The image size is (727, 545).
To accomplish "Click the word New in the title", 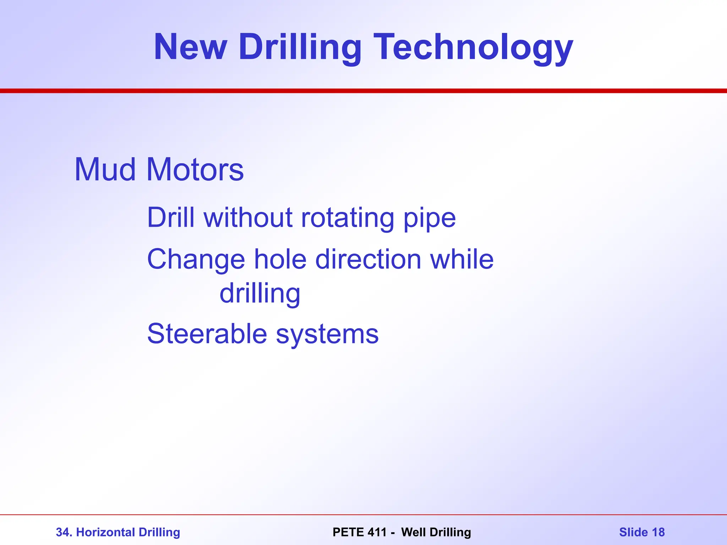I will click(x=190, y=47).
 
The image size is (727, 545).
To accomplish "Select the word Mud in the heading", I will click(x=105, y=170).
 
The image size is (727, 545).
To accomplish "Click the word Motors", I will click(x=195, y=170).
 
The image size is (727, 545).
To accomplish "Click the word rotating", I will click(x=347, y=217).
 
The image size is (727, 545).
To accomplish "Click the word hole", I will click(x=280, y=259).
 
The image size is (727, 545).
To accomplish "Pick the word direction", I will click(x=368, y=259).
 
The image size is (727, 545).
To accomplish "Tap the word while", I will click(x=462, y=259).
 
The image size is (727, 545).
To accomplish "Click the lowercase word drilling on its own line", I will click(x=260, y=294).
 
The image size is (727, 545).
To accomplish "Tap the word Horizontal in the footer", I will click(x=105, y=532).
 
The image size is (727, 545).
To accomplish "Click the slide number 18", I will click(x=658, y=532).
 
